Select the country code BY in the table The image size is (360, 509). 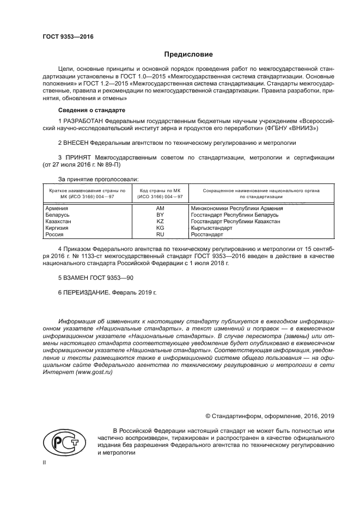point(160,215)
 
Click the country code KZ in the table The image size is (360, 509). point(160,222)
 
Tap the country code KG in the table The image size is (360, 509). point(160,228)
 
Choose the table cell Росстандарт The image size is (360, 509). point(207,234)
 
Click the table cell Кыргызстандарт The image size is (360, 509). point(211,228)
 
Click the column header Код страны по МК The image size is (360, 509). point(160,192)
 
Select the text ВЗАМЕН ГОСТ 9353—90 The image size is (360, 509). point(95,278)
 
